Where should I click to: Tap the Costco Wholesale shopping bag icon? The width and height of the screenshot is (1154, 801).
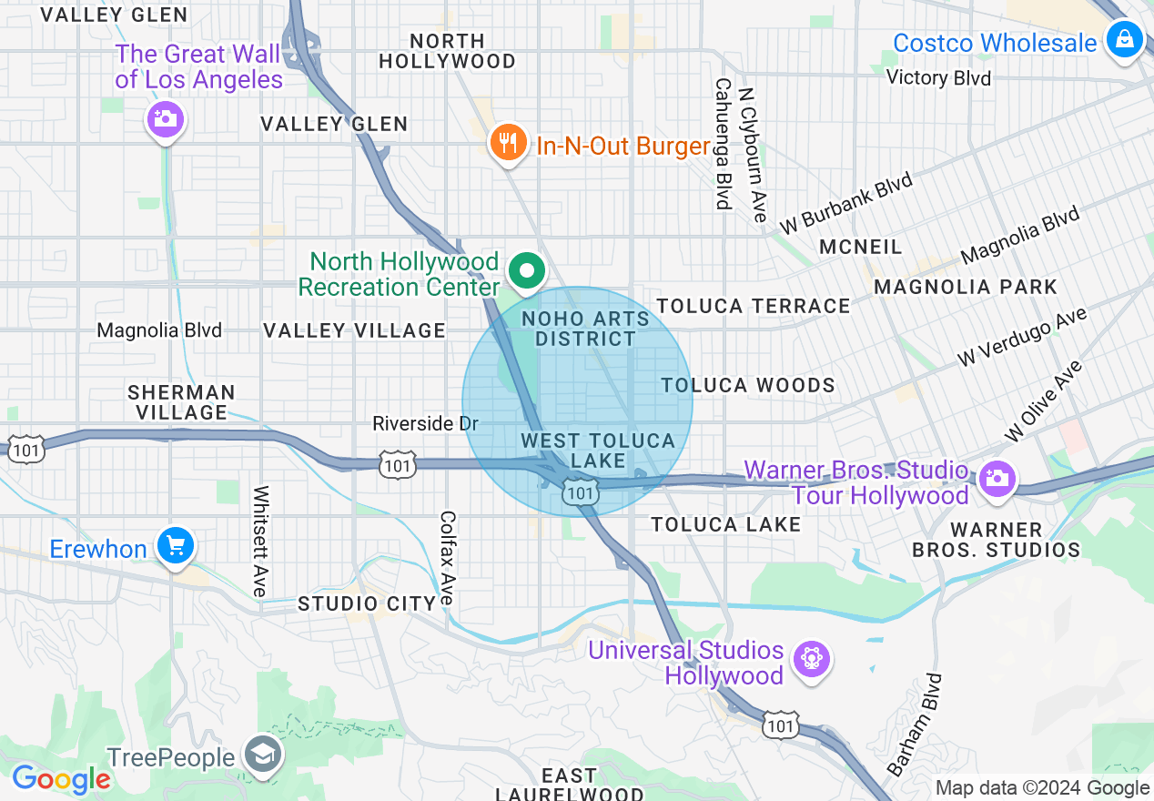(x=1125, y=41)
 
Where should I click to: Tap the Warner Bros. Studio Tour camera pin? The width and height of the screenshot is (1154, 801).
(x=997, y=478)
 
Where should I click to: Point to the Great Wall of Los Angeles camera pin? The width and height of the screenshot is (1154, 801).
(x=165, y=119)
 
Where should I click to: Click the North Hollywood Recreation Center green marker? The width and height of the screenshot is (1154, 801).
(x=526, y=271)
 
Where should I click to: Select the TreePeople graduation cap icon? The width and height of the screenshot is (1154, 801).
(x=263, y=755)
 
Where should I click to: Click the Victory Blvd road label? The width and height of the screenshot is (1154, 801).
(x=938, y=78)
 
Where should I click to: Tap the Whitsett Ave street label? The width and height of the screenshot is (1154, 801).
(x=261, y=542)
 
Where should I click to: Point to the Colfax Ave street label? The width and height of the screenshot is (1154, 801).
(x=447, y=558)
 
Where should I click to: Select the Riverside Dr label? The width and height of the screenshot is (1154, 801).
(x=425, y=424)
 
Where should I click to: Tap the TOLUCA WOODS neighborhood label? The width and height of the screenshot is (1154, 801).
(x=748, y=385)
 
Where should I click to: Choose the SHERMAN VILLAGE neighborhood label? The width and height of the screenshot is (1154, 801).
(x=181, y=402)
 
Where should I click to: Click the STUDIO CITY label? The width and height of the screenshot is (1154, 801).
(x=367, y=603)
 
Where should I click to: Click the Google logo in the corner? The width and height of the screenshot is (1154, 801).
(x=60, y=778)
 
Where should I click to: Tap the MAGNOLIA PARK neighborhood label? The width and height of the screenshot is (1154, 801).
(x=965, y=288)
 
